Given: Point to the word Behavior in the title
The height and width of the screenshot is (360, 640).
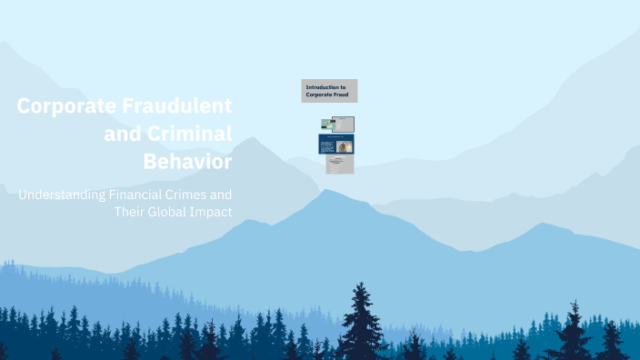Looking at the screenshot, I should [x=187, y=162].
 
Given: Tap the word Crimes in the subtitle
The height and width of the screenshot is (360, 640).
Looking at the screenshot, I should [x=205, y=195].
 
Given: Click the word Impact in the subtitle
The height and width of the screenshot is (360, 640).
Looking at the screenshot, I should [x=212, y=212].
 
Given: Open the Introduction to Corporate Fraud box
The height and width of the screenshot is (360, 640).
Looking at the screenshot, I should [x=329, y=91].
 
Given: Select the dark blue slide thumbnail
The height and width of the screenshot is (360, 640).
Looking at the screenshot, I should [x=336, y=145].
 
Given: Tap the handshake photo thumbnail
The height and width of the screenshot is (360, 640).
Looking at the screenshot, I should [x=327, y=125].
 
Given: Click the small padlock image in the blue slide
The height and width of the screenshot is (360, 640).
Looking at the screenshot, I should [x=345, y=146].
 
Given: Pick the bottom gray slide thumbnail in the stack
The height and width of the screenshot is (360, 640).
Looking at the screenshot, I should [x=339, y=165].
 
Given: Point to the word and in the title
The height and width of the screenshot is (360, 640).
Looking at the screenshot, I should [x=125, y=134].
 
